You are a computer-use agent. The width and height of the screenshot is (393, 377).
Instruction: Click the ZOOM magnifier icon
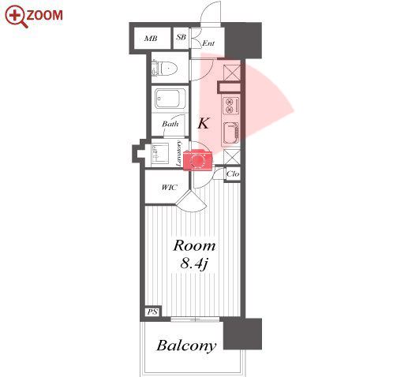coord(16,17)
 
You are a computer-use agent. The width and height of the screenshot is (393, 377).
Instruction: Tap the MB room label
coord(151,39)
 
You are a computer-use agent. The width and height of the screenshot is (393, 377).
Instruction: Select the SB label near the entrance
coord(181,37)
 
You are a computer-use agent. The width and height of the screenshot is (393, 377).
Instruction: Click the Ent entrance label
coord(208,43)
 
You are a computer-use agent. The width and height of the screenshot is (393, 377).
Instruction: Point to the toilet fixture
coord(164,69)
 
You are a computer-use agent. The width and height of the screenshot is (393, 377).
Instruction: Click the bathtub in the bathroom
coord(170,99)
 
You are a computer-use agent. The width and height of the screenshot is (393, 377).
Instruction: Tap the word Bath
coord(170,124)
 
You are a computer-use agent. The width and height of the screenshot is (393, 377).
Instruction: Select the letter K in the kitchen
coord(204,123)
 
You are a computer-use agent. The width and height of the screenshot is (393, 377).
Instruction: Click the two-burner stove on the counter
coord(230,106)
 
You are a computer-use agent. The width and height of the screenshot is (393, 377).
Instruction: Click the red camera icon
coord(198,160)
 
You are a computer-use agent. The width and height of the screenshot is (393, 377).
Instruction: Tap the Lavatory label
coord(178,154)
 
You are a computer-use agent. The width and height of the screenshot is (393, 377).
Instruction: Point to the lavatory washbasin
coord(160,153)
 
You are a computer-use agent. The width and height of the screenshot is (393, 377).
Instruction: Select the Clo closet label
coord(233,174)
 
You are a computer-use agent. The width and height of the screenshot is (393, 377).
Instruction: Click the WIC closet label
coord(169,188)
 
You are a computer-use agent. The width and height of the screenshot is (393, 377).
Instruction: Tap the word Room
coord(194,245)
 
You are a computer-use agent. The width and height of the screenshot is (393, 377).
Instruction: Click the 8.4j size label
coord(194,263)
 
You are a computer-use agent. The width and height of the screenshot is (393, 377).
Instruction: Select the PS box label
coord(152,312)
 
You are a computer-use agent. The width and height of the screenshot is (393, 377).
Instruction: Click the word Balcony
coord(186,345)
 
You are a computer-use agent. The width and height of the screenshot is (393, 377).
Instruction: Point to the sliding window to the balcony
coord(195,319)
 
